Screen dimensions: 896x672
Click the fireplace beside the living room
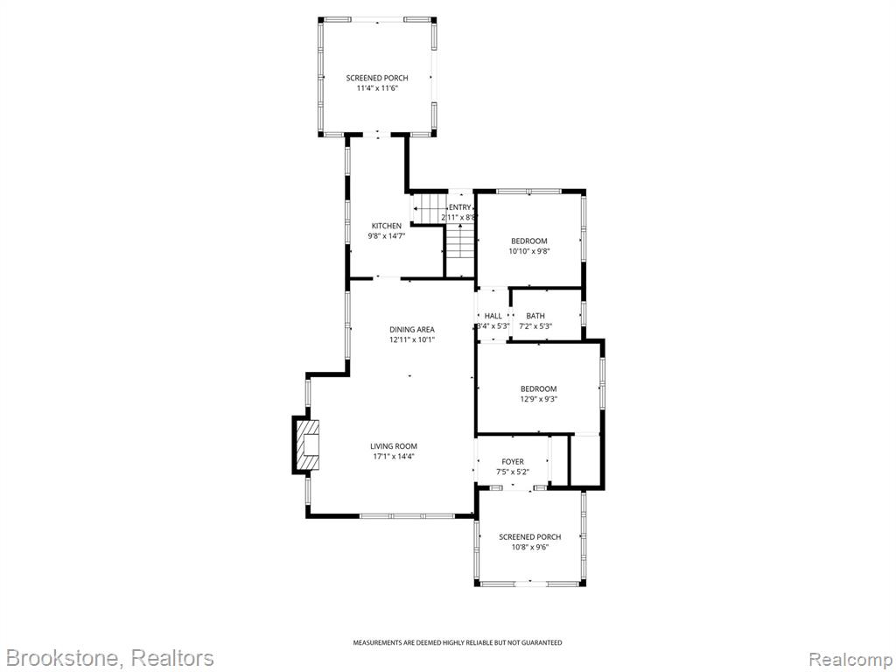click(307, 445)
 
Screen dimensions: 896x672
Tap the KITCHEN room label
click(386, 226)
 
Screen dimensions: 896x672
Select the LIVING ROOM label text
click(394, 446)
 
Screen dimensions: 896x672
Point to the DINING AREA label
click(412, 330)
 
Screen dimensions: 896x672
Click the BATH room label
click(535, 316)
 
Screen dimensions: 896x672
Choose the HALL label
click(493, 316)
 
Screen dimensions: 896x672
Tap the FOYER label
click(513, 462)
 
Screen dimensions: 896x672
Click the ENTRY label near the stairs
click(460, 207)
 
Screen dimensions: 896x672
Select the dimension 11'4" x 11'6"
click(377, 88)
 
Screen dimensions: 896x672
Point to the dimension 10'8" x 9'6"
click(529, 547)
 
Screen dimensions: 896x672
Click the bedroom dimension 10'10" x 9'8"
click(529, 251)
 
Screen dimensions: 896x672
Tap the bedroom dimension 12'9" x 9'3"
click(538, 399)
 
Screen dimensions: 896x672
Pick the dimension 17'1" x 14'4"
click(394, 456)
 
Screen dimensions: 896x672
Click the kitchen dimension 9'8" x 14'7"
click(386, 235)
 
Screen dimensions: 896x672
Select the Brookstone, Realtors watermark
click(108, 658)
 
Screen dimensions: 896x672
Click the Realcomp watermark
click(850, 659)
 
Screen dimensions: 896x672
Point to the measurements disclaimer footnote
click(457, 643)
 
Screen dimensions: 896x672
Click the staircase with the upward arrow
click(460, 249)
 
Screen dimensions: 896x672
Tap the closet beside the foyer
click(584, 460)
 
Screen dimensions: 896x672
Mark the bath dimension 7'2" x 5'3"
click(535, 326)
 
